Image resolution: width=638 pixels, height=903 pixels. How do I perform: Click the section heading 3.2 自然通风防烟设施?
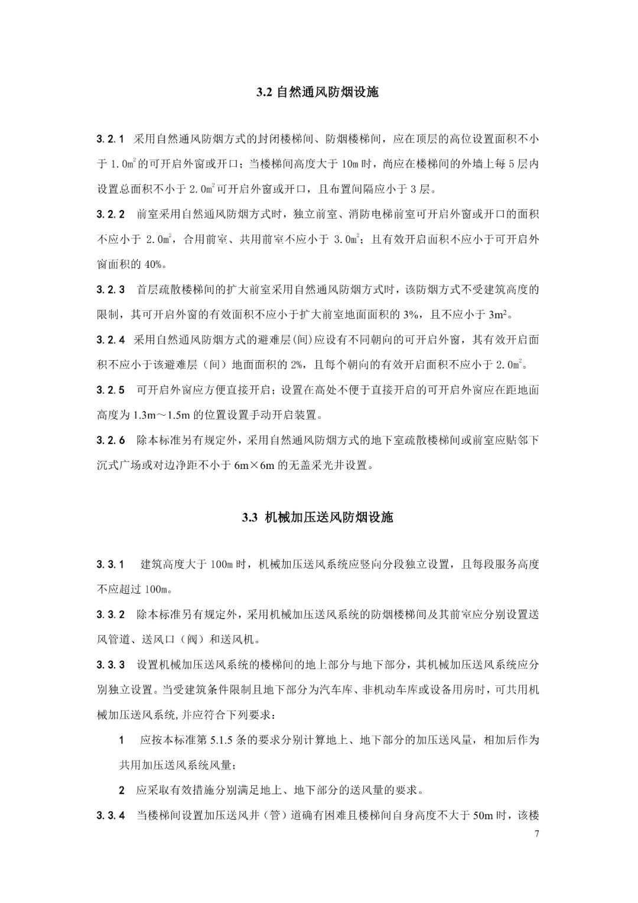(317, 92)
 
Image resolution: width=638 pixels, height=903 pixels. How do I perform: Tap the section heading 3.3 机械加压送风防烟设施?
(317, 517)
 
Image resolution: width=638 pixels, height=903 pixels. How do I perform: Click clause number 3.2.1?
(110, 139)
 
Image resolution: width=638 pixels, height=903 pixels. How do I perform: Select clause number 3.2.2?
(110, 214)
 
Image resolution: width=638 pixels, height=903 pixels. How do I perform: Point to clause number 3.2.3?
(110, 290)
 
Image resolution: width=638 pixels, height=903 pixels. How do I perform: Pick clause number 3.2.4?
(110, 340)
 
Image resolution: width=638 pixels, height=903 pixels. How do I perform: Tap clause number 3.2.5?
(110, 390)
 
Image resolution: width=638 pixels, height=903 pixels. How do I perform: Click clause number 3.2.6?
(110, 441)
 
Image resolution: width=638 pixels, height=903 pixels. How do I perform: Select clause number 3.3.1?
(110, 564)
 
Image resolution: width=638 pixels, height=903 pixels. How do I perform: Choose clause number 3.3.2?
(110, 614)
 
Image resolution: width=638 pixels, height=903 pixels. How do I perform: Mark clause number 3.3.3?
(110, 665)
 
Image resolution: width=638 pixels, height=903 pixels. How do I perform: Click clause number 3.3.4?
(110, 816)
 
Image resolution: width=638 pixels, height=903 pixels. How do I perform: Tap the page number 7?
(536, 834)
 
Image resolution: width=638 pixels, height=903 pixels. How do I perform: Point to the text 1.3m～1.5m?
(163, 415)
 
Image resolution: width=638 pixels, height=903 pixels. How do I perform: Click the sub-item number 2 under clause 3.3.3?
(122, 791)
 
